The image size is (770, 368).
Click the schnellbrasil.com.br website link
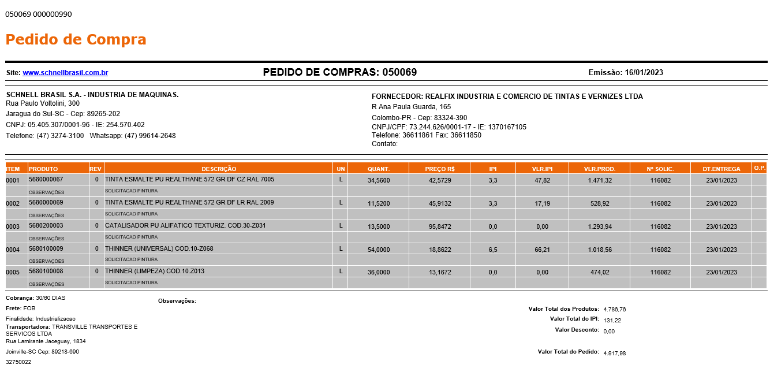tap(65, 73)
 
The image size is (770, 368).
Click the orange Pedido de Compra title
tap(76, 40)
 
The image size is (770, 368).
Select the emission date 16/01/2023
tap(644, 73)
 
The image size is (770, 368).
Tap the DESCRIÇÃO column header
tap(219, 169)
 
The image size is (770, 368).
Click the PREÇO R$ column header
tap(440, 169)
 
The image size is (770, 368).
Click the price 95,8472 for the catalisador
tap(440, 226)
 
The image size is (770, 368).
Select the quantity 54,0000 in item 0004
tap(379, 250)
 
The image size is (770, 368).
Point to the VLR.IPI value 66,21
tap(542, 250)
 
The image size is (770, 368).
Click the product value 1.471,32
tap(600, 180)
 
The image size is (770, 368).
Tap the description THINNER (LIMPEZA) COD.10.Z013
tap(155, 272)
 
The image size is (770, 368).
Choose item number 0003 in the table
tap(13, 226)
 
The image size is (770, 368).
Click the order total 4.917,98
tap(614, 353)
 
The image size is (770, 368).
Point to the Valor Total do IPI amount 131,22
tap(612, 320)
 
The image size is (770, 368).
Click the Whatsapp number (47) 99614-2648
tap(150, 136)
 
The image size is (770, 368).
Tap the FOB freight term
tap(29, 308)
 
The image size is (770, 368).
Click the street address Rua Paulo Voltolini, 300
tap(43, 103)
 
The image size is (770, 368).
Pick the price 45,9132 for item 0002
tap(440, 203)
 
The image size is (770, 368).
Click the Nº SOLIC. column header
tap(660, 169)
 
